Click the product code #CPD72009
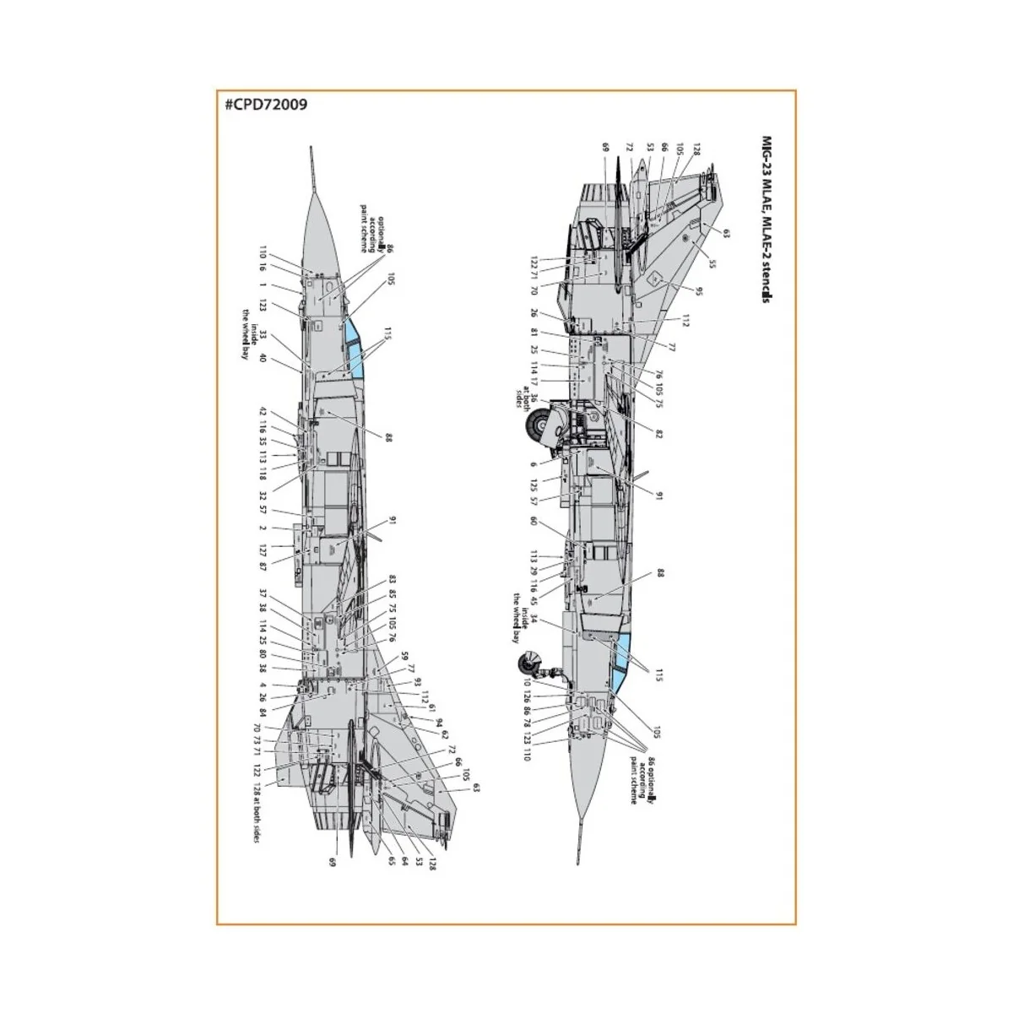(266, 106)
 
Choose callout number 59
(404, 656)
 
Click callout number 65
(392, 861)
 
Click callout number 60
(533, 521)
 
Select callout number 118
(263, 473)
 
